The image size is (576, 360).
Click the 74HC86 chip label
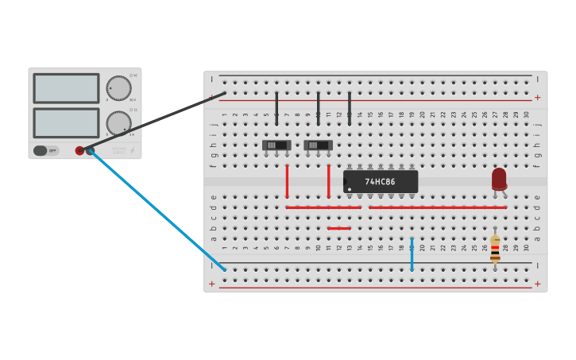coord(380,182)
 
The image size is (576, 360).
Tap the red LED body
coord(499,179)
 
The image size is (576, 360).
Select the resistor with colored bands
coord(495,248)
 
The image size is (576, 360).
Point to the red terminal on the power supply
coord(79,150)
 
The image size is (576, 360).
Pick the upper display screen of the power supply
coord(66,88)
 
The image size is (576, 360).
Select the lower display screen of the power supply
coord(66,122)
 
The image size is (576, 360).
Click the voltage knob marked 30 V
coord(118,88)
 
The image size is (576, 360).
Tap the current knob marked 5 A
coord(118,123)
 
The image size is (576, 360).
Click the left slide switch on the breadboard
coord(276,145)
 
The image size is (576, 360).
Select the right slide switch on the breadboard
coord(318,145)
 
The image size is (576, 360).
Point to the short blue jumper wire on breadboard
coord(412,254)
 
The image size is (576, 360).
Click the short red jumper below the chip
coord(339,228)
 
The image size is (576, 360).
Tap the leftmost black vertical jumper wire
coord(276,108)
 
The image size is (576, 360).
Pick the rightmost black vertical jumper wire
coord(350,108)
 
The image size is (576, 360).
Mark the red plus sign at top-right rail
coord(537,98)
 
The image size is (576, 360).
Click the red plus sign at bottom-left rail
coord(211,284)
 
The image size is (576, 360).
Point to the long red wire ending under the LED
coord(437,207)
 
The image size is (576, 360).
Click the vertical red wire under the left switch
coord(287,181)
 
